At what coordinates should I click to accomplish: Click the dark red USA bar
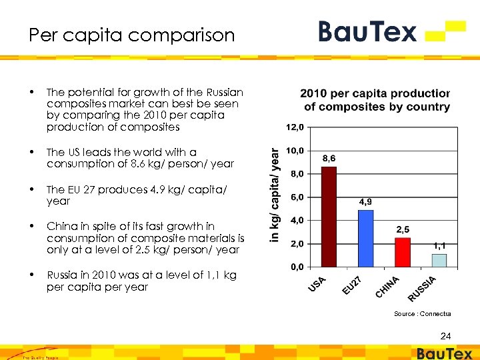click(x=329, y=217)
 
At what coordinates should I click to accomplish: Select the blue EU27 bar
click(x=365, y=238)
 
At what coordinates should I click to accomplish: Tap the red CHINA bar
click(x=403, y=252)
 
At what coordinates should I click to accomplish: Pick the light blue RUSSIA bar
click(x=439, y=260)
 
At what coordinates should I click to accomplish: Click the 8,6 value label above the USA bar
click(x=329, y=159)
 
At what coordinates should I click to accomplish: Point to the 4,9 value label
click(x=365, y=201)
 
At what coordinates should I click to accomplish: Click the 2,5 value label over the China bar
click(x=403, y=229)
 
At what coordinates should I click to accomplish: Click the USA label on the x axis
click(x=317, y=283)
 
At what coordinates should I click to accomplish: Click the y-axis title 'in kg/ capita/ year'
click(x=275, y=195)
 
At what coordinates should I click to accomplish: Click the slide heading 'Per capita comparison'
click(x=132, y=35)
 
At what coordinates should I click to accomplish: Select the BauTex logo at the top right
click(x=391, y=31)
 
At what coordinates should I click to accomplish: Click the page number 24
click(x=445, y=335)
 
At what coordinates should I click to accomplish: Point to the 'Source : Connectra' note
click(x=422, y=313)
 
